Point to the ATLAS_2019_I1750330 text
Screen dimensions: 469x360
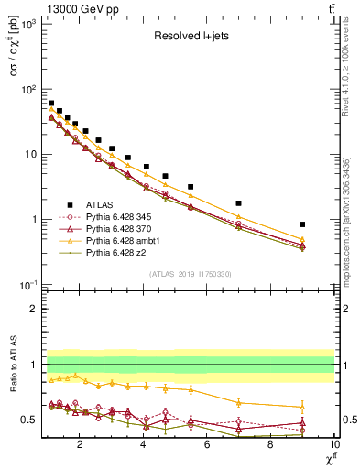click(x=190, y=272)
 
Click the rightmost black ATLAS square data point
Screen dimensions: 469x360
click(x=302, y=224)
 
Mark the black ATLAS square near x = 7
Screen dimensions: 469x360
click(x=239, y=203)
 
